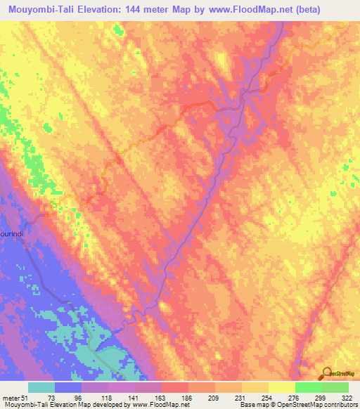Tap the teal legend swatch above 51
point(41,387)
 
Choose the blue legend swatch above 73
point(68,387)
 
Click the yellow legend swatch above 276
point(282,387)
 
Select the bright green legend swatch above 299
point(309,387)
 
